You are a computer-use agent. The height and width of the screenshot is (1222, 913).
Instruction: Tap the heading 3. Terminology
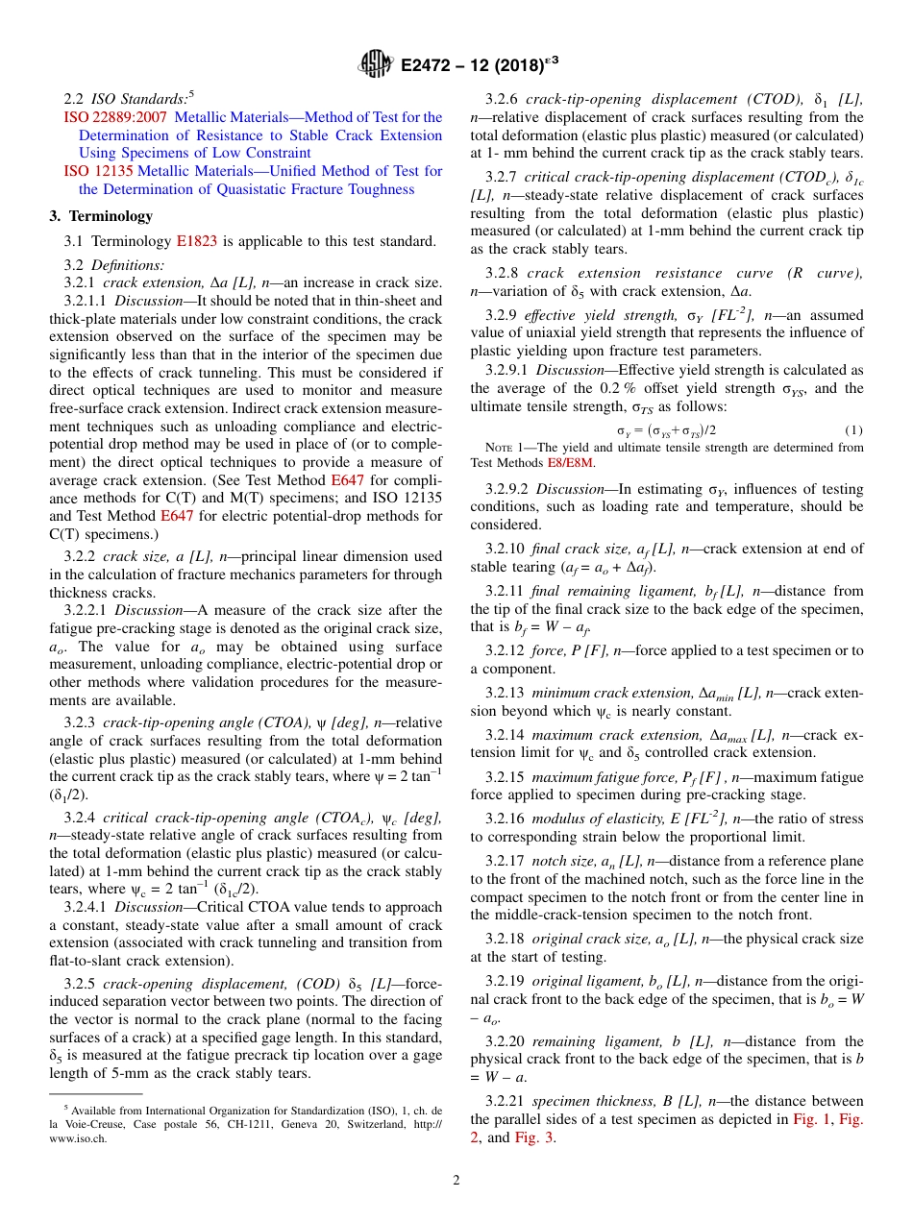point(101,216)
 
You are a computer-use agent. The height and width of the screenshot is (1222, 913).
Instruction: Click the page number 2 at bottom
point(456,1181)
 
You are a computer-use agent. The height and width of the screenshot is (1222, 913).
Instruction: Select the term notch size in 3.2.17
point(562,861)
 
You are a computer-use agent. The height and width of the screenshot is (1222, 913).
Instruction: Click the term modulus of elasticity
point(593,819)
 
